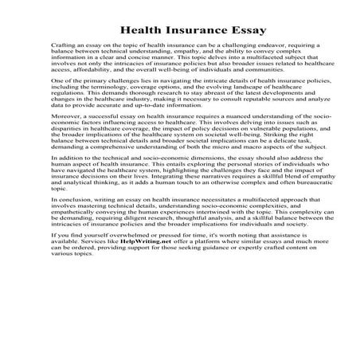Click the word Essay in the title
tap(221, 30)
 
